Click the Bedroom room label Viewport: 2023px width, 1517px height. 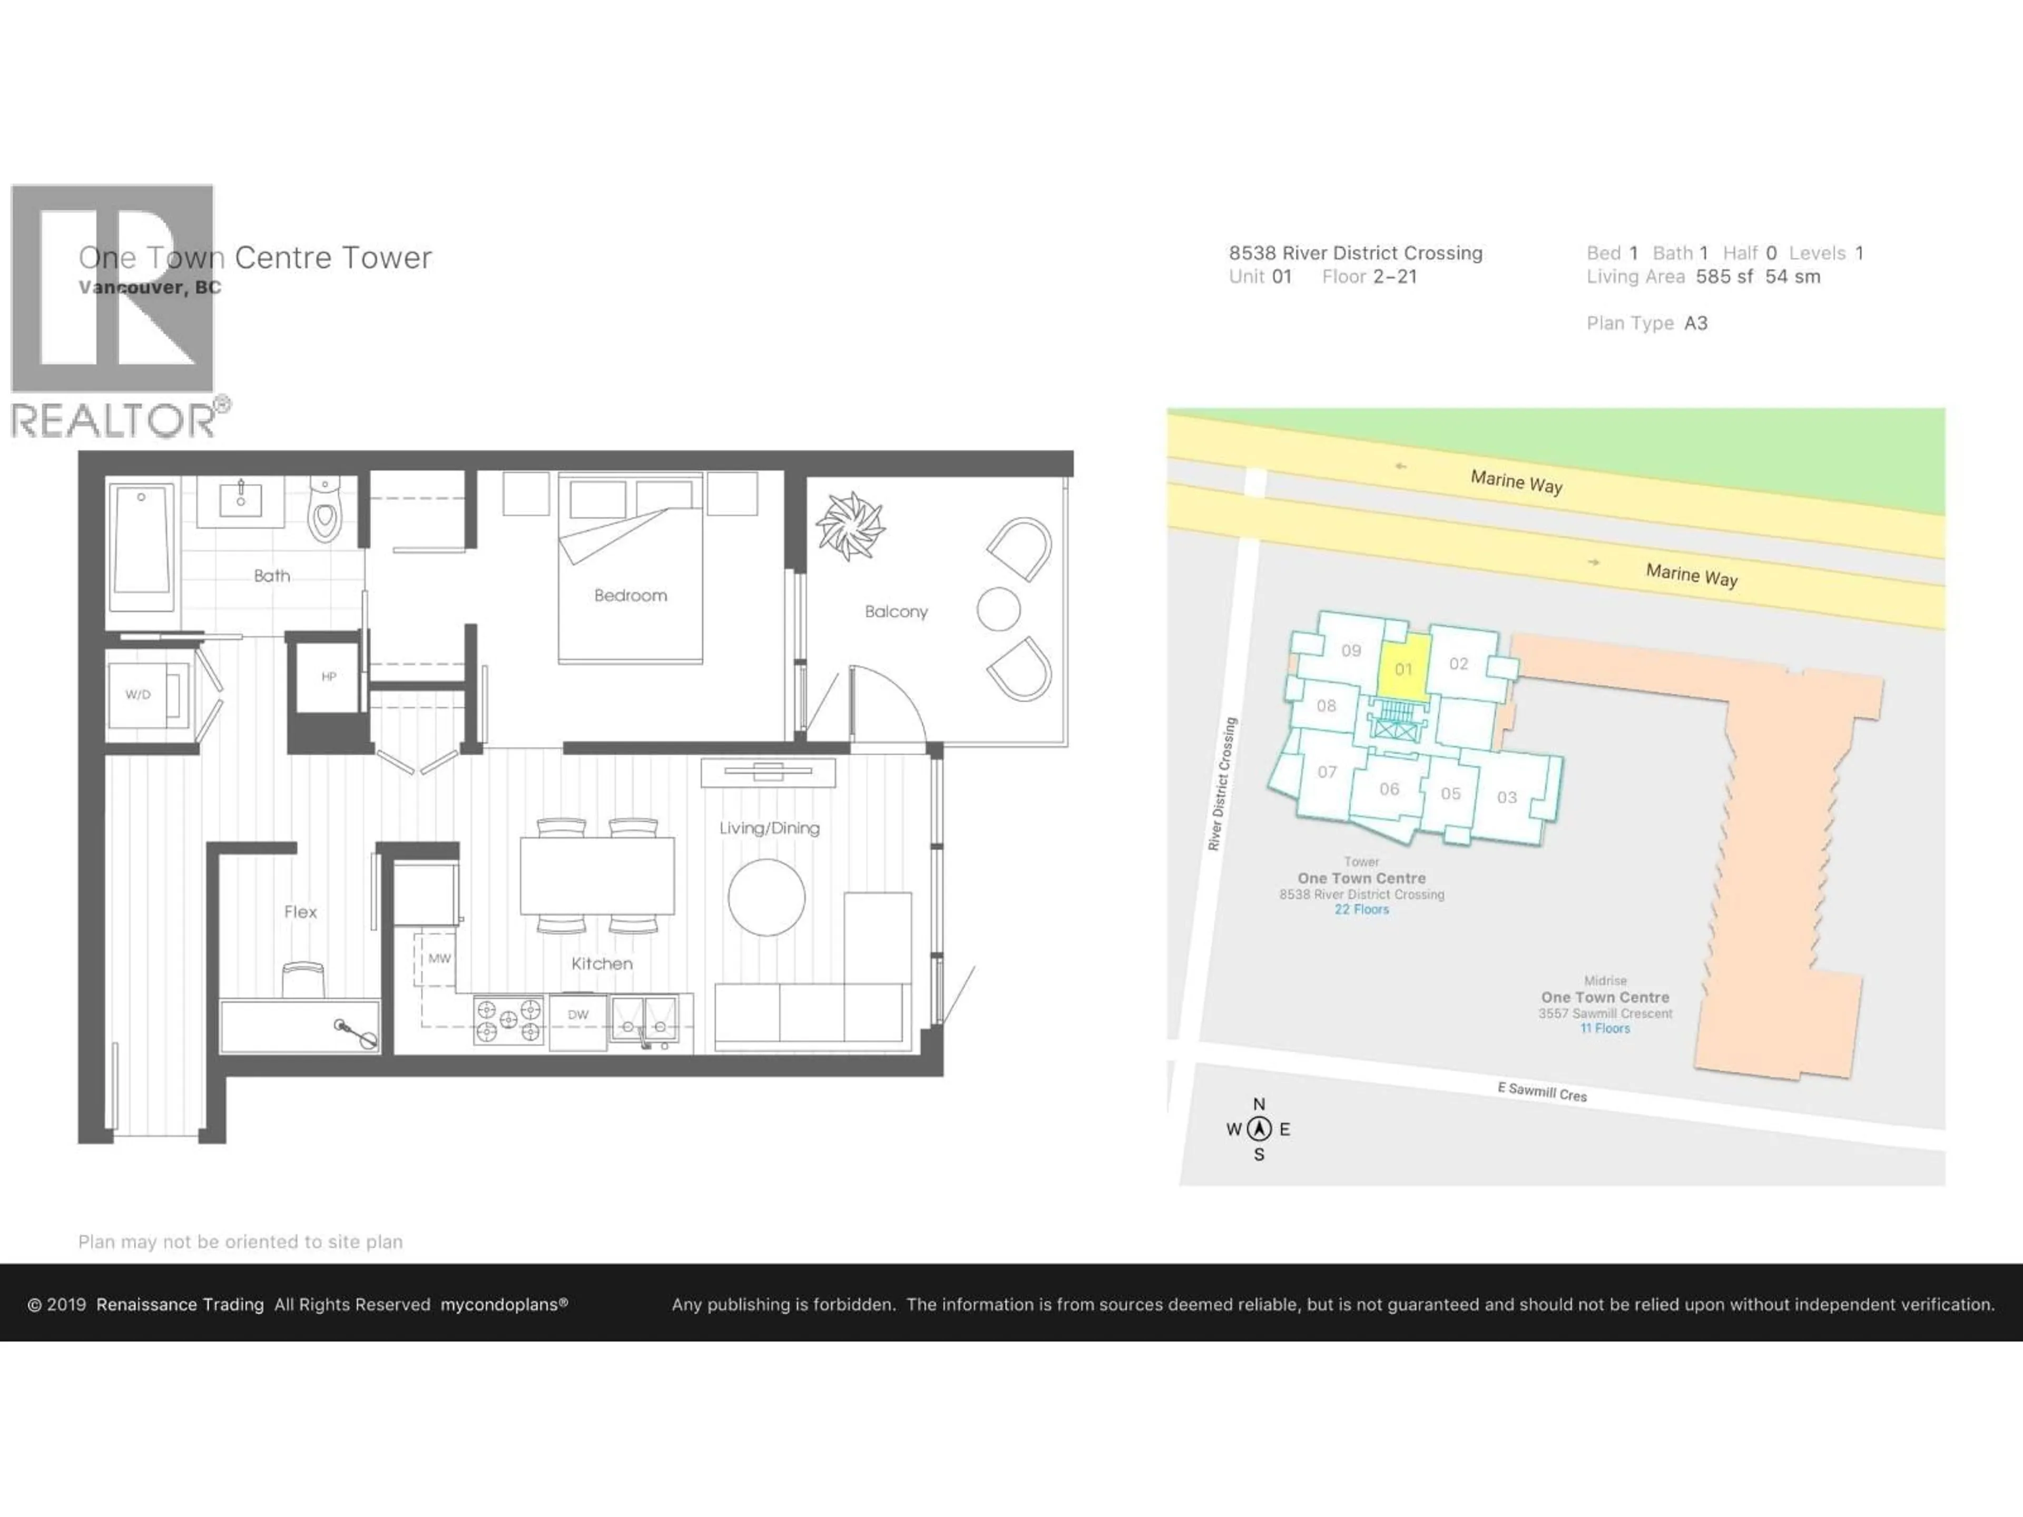[630, 595]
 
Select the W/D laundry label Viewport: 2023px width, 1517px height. [138, 694]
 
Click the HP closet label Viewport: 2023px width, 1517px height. [328, 677]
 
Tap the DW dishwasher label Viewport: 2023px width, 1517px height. [578, 1014]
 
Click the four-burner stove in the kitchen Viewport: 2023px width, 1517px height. [508, 1020]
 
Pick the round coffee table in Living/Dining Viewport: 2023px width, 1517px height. [767, 897]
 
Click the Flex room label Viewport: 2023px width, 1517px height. [300, 912]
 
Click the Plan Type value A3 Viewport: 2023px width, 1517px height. [1696, 323]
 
